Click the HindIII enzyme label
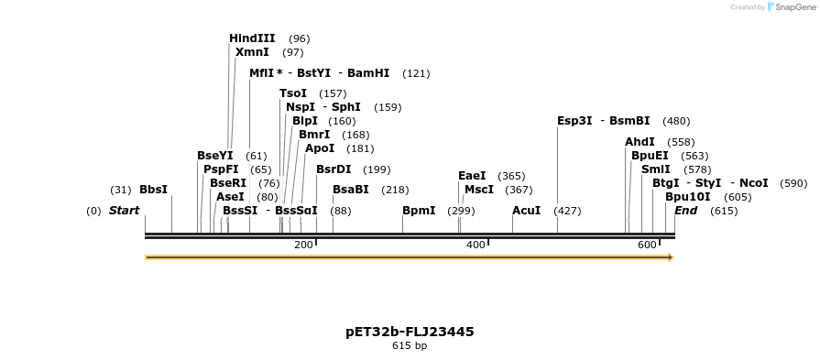click(x=252, y=38)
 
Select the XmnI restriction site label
click(x=252, y=52)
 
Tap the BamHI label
click(x=368, y=73)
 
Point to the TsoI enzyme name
click(x=293, y=93)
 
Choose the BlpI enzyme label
click(x=305, y=121)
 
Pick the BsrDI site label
click(x=333, y=169)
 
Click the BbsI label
click(x=153, y=190)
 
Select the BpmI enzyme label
click(x=419, y=211)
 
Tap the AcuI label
click(x=526, y=211)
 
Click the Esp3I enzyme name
click(x=574, y=121)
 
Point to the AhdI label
click(x=640, y=142)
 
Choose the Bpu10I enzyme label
click(x=688, y=197)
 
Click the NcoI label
click(x=753, y=183)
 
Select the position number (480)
click(x=676, y=121)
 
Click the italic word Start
click(x=124, y=211)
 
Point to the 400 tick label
click(x=476, y=245)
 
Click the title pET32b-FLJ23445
click(x=410, y=332)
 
